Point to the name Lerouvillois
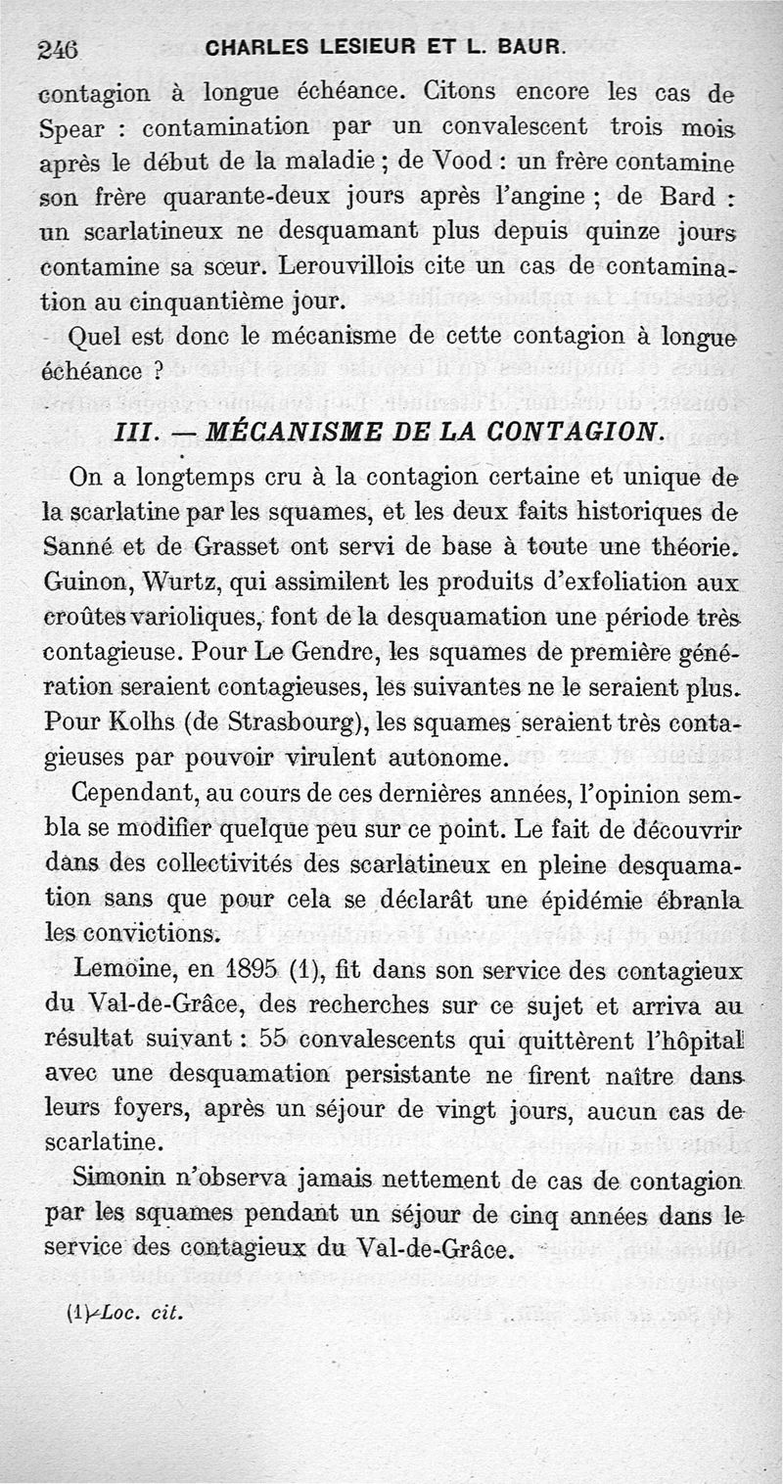pyautogui.click(x=357, y=266)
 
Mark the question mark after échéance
pyautogui.click(x=157, y=373)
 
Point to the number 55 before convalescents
pyautogui.click(x=279, y=1042)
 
